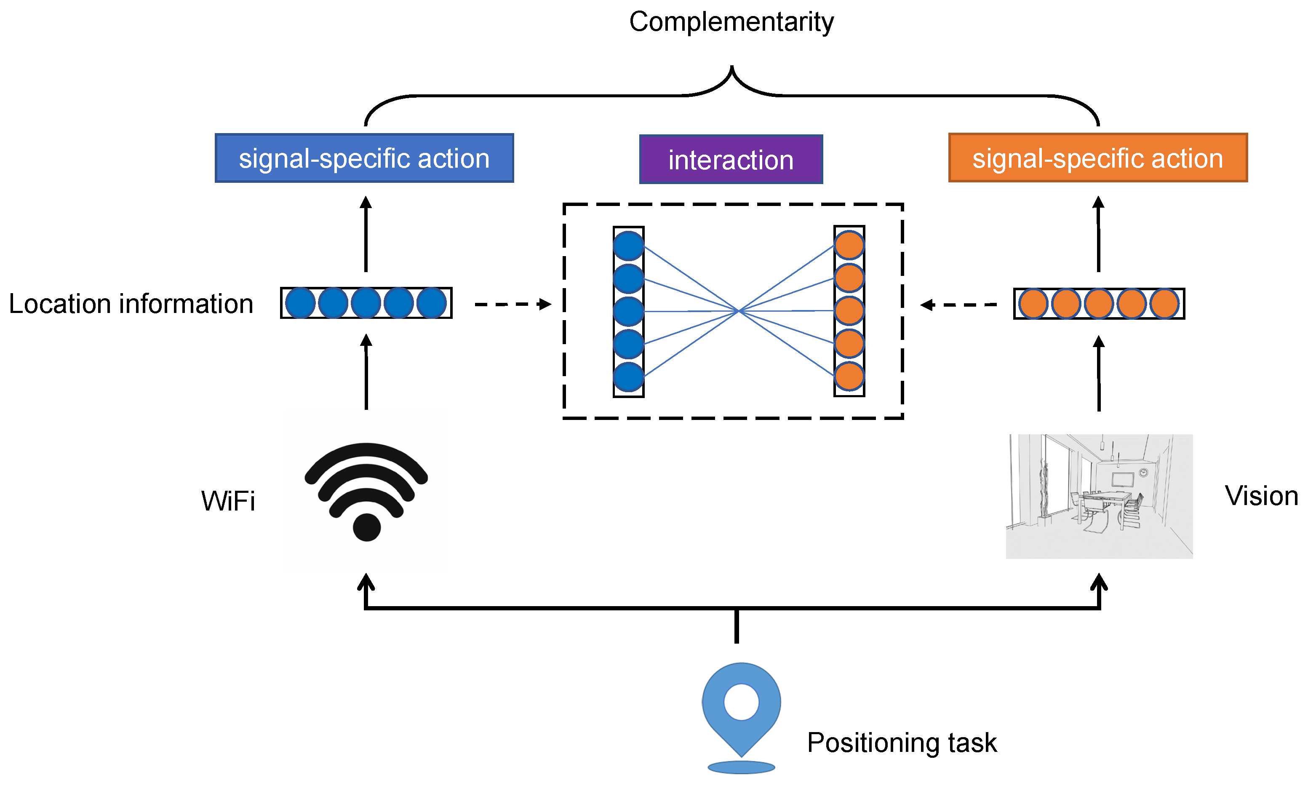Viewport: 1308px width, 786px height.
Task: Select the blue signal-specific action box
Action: (364, 158)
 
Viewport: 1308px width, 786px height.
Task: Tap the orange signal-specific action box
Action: (1098, 158)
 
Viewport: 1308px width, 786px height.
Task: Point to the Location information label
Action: (131, 304)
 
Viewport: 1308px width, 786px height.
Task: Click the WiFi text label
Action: (228, 501)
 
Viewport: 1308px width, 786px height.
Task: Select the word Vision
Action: (1261, 496)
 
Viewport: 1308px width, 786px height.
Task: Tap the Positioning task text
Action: (901, 743)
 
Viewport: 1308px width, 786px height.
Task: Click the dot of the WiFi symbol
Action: (366, 527)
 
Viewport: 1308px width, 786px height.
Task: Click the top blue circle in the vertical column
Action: (629, 246)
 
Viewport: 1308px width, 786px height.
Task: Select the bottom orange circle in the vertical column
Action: (849, 376)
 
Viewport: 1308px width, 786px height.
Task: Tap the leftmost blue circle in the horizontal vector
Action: (300, 303)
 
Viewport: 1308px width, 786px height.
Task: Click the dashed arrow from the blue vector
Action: (512, 305)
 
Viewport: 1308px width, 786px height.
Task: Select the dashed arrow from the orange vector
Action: (958, 305)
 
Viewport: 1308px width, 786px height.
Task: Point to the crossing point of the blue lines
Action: (739, 311)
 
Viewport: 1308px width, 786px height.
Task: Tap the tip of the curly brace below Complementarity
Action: (732, 68)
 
